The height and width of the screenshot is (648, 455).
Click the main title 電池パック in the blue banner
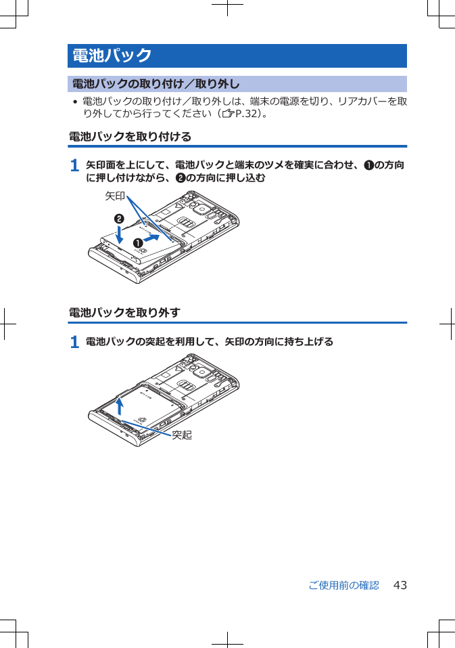tap(112, 56)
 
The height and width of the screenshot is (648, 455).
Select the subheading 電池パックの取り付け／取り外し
tap(155, 85)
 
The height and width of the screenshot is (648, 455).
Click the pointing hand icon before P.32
tap(228, 114)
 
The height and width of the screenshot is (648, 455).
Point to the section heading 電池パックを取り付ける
tap(130, 137)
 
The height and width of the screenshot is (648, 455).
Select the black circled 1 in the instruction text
tap(368, 165)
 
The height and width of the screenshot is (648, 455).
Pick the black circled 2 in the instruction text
tap(180, 178)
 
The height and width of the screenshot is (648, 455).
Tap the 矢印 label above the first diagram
tap(114, 196)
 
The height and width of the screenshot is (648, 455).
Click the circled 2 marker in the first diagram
tap(118, 219)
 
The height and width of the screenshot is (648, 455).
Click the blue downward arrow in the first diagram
tap(119, 234)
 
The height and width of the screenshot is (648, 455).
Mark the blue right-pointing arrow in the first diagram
tap(153, 239)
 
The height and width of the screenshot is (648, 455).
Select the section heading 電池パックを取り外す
tap(124, 313)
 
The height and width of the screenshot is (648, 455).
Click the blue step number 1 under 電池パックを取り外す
tap(74, 342)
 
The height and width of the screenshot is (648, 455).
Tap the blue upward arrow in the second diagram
tap(120, 405)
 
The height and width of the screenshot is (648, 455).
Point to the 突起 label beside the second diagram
tap(181, 435)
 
